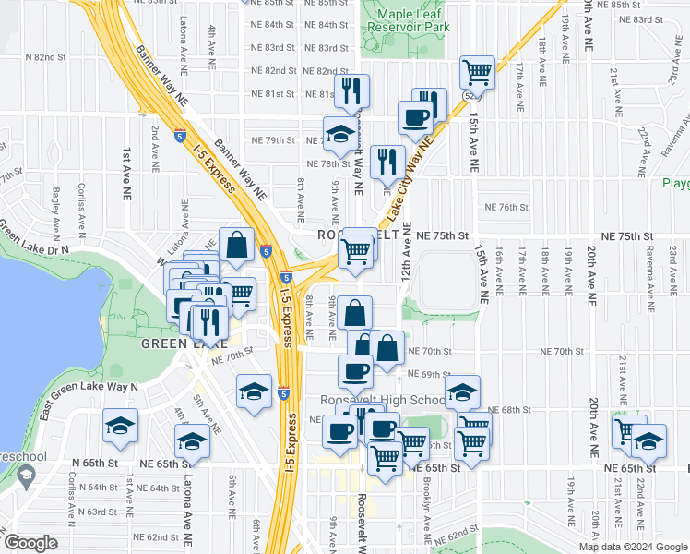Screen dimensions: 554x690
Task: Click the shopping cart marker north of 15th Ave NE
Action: pyautogui.click(x=477, y=72)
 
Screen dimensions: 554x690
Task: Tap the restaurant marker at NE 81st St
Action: pyautogui.click(x=351, y=90)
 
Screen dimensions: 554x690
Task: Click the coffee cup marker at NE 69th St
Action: pyautogui.click(x=355, y=372)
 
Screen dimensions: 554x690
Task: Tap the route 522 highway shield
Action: pyautogui.click(x=470, y=95)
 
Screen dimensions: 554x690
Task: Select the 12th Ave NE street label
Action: pyautogui.click(x=405, y=259)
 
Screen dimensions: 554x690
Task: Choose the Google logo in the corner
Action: pyautogui.click(x=30, y=542)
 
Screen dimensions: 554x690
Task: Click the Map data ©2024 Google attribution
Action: pyautogui.click(x=633, y=547)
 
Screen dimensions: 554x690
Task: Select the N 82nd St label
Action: pyautogui.click(x=53, y=57)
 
